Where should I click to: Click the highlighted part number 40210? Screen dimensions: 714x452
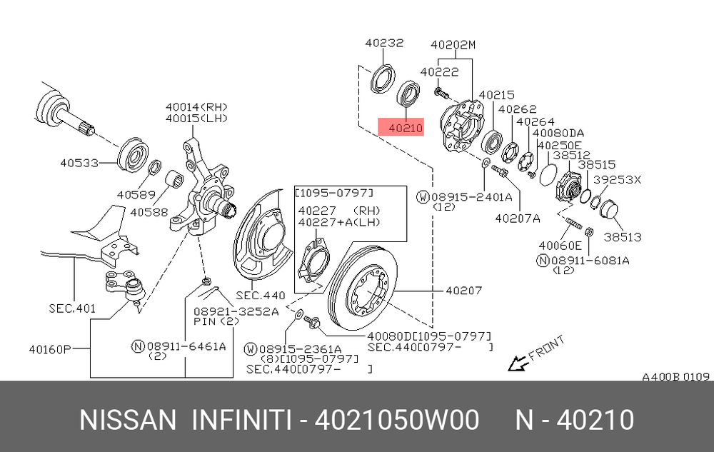click(x=406, y=128)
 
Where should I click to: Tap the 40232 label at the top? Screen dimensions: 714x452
click(x=384, y=43)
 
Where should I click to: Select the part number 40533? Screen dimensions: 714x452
click(x=79, y=163)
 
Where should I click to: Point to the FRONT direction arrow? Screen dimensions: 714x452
click(x=518, y=363)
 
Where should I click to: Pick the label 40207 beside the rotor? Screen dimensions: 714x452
click(x=463, y=290)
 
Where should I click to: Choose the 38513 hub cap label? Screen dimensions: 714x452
click(x=623, y=236)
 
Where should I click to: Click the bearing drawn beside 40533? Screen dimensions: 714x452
click(x=134, y=155)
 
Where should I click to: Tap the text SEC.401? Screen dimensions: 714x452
click(x=72, y=308)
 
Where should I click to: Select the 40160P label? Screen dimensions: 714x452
click(x=50, y=350)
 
